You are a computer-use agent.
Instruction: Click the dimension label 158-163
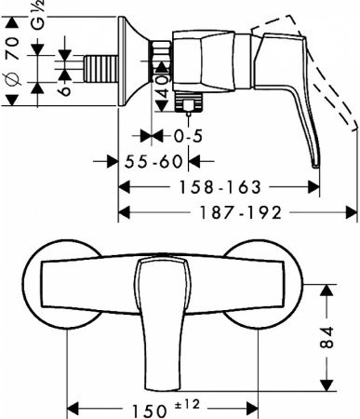pyautogui.click(x=220, y=187)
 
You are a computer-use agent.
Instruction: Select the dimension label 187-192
pyautogui.click(x=241, y=213)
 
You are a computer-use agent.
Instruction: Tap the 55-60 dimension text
pyautogui.click(x=153, y=161)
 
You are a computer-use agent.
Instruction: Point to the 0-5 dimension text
pyautogui.click(x=188, y=136)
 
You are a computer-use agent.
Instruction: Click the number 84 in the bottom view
pyautogui.click(x=327, y=337)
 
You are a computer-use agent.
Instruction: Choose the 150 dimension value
pyautogui.click(x=149, y=411)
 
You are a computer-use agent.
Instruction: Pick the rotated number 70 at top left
pyautogui.click(x=14, y=48)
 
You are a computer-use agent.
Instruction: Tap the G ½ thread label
pyautogui.click(x=39, y=15)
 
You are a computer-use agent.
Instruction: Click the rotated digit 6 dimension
pyautogui.click(x=65, y=90)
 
